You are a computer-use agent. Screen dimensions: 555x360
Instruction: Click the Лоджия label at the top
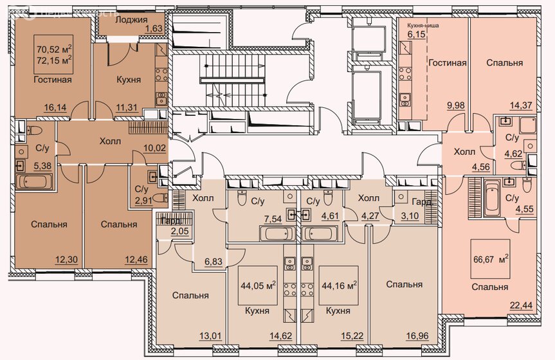click(x=131, y=19)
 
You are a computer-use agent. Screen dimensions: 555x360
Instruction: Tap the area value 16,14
click(x=55, y=107)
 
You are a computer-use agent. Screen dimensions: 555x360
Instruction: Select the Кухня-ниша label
click(x=423, y=26)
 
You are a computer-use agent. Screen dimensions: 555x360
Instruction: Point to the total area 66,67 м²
click(x=491, y=259)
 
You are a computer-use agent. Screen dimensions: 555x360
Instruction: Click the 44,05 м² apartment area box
click(x=257, y=285)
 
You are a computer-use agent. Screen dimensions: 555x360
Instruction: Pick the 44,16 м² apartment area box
click(x=339, y=285)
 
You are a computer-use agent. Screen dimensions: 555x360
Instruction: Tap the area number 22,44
click(x=521, y=305)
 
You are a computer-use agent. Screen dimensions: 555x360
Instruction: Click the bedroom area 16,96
click(x=417, y=335)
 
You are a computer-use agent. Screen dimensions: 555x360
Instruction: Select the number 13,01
click(x=210, y=335)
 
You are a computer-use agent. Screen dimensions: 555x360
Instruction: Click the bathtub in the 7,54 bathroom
click(x=278, y=234)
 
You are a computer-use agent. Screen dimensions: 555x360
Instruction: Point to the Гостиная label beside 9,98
click(x=448, y=63)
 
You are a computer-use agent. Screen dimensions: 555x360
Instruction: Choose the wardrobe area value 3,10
click(x=410, y=215)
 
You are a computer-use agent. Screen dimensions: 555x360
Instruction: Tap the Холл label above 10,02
click(x=110, y=141)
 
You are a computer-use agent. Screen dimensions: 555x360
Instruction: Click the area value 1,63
click(x=154, y=29)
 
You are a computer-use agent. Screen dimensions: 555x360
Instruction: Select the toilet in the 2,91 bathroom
click(x=162, y=197)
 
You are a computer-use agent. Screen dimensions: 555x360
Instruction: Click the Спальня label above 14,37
click(x=504, y=63)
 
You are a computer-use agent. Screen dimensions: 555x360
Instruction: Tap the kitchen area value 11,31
click(x=127, y=107)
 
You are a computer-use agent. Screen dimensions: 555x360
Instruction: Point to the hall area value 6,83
click(x=214, y=262)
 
